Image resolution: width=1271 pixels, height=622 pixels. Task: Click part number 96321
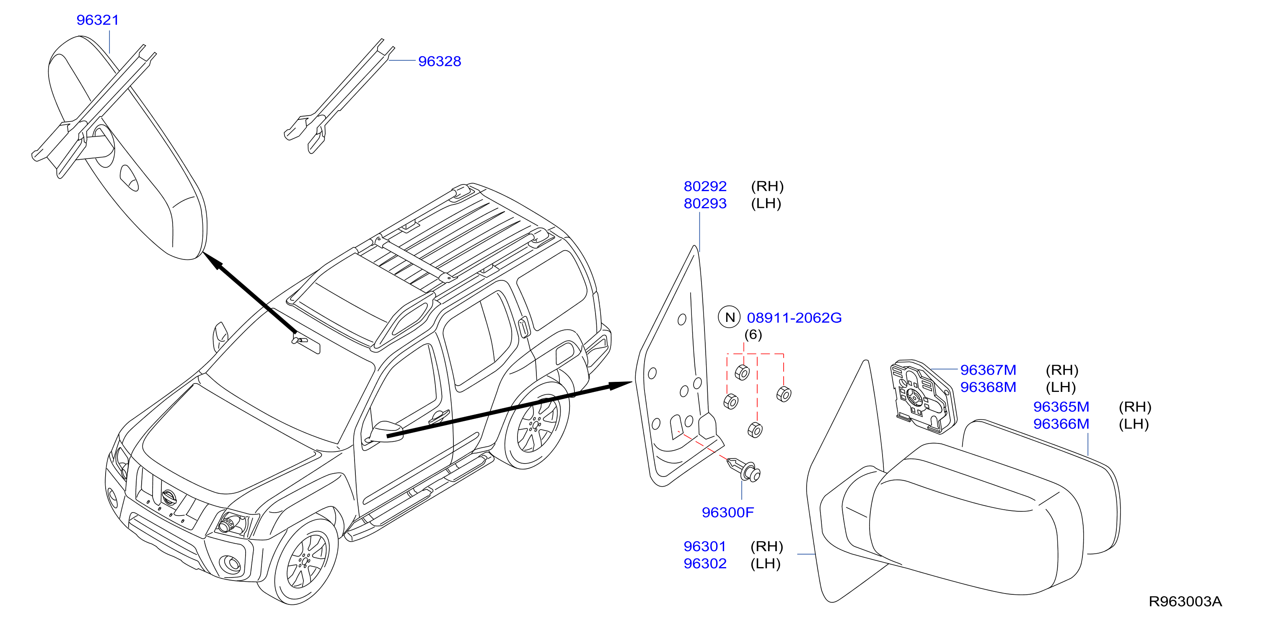(98, 20)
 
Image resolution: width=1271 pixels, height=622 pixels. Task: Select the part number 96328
(440, 61)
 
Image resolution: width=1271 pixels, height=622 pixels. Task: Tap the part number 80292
(705, 186)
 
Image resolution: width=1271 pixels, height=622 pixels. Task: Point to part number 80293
(705, 203)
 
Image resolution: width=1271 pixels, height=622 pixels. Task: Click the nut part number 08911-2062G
(795, 317)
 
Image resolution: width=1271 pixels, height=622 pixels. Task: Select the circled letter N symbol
(729, 317)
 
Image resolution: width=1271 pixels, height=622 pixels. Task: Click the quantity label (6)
(753, 335)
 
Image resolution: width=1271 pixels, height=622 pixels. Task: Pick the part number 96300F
(728, 513)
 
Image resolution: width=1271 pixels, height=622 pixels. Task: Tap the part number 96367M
(988, 370)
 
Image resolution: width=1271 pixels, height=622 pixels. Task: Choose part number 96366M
(1061, 424)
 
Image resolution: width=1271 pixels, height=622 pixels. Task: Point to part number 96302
(705, 563)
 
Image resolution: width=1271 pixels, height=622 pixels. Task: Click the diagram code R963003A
(1185, 601)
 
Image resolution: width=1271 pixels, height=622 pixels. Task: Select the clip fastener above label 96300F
(745, 469)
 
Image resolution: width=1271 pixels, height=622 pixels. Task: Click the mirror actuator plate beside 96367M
(923, 397)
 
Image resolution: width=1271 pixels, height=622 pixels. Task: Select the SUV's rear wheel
(537, 425)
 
